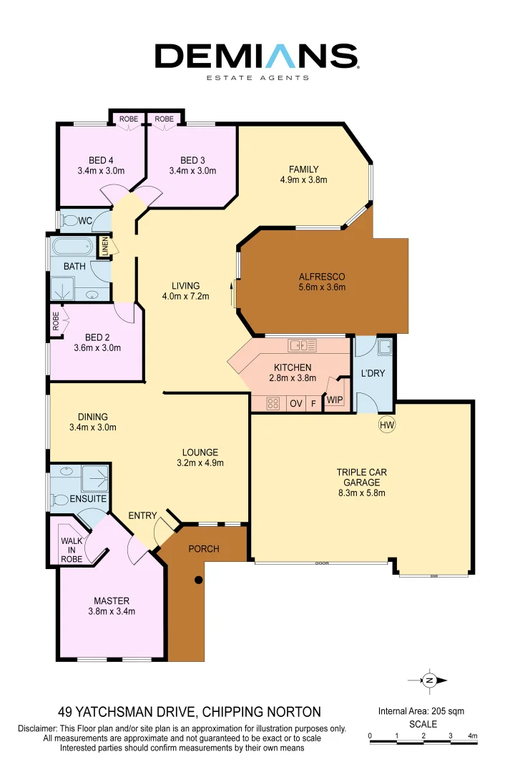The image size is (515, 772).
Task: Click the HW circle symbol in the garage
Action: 387,425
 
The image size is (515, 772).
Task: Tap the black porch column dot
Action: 200,580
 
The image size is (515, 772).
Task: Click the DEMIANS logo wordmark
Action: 257,56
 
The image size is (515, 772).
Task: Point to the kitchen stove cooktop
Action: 273,403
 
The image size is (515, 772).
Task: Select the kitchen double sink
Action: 302,346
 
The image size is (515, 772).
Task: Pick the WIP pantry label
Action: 335,401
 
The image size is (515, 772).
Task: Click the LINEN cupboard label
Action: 104,247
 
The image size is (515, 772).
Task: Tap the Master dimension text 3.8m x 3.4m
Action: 112,611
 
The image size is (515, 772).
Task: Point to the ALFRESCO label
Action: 322,277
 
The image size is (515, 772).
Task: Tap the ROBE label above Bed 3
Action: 165,119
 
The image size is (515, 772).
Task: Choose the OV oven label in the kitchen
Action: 295,404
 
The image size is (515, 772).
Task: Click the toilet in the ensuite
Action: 62,499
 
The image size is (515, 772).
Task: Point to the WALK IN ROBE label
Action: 72,550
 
